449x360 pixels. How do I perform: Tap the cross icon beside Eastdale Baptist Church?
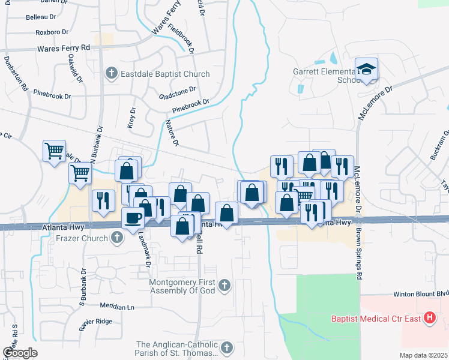point(111,74)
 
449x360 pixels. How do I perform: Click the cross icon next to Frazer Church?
point(117,238)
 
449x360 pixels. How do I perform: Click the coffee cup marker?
point(133,218)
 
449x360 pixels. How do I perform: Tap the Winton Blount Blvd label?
point(421,295)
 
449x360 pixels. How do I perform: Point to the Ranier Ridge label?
point(96,322)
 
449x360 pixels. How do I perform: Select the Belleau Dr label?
point(41,17)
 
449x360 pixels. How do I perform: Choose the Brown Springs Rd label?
point(360,255)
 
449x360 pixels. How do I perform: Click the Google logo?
point(20,353)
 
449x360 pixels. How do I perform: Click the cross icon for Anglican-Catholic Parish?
point(227,347)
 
